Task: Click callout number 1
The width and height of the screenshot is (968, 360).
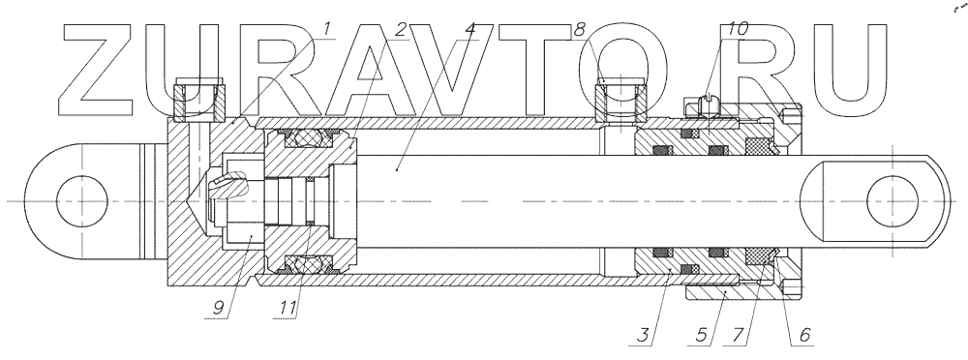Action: (326, 28)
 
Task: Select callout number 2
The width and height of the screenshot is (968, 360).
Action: (402, 29)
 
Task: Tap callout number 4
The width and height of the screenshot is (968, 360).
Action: (471, 29)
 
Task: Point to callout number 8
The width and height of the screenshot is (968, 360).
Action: (579, 29)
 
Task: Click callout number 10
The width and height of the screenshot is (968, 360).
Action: (739, 29)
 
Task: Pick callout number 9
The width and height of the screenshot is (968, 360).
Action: (217, 308)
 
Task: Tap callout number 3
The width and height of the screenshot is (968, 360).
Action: (644, 335)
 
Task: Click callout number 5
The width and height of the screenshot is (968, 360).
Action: (701, 335)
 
